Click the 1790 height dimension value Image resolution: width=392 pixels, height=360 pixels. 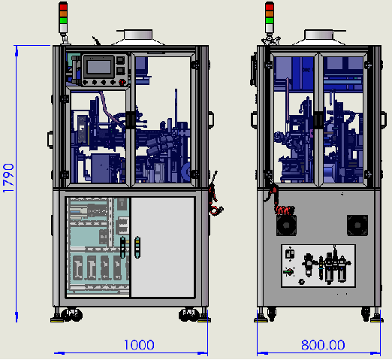coord(8,178)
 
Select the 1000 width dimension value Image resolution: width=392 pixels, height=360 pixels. coord(139,345)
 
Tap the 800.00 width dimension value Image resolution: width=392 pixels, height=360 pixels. coord(323,345)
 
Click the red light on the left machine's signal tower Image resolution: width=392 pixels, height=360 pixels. coord(63,7)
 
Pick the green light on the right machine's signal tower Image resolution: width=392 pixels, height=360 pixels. coord(270,20)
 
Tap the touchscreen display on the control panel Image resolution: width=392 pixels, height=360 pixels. coord(99,67)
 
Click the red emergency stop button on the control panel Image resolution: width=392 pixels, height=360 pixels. coord(122,82)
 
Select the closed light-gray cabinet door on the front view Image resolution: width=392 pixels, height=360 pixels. coord(163,247)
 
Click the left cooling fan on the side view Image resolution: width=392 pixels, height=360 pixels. coord(286,225)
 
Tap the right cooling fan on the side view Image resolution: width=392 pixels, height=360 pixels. coord(357,225)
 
